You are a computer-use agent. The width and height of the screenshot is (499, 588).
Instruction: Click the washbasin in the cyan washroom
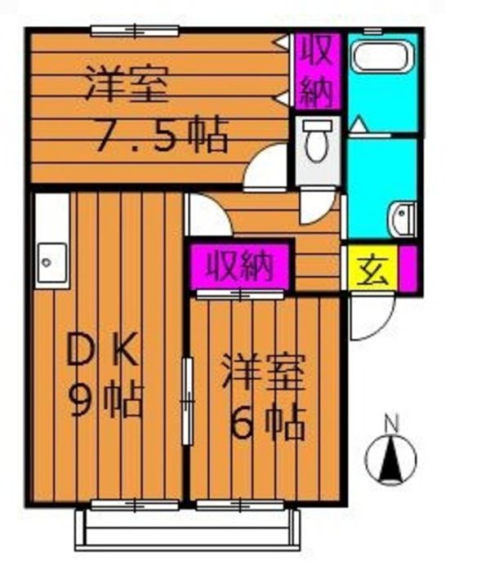(403, 218)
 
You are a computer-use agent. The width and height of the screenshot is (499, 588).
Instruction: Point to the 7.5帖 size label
(160, 136)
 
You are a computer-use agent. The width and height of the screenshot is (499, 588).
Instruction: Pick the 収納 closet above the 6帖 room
(238, 264)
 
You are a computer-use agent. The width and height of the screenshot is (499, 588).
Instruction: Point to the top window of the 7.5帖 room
(134, 31)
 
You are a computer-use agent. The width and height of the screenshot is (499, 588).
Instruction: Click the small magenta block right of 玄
(409, 268)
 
